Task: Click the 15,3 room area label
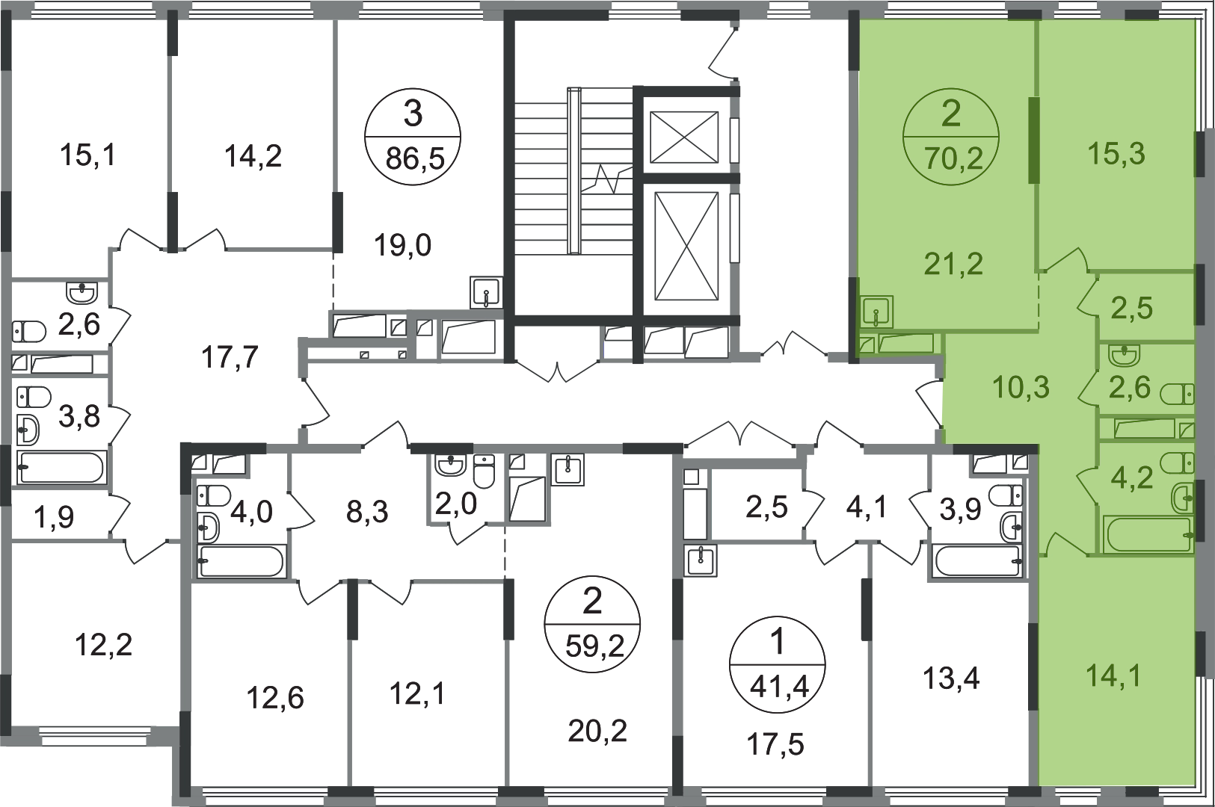pyautogui.click(x=1116, y=154)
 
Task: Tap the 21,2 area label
pyautogui.click(x=953, y=264)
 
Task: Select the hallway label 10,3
pyautogui.click(x=1021, y=388)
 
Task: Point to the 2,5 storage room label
pyautogui.click(x=1131, y=308)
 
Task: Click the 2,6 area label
pyautogui.click(x=1129, y=388)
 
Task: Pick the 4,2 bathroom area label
pyautogui.click(x=1131, y=477)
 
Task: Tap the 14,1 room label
pyautogui.click(x=1113, y=677)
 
